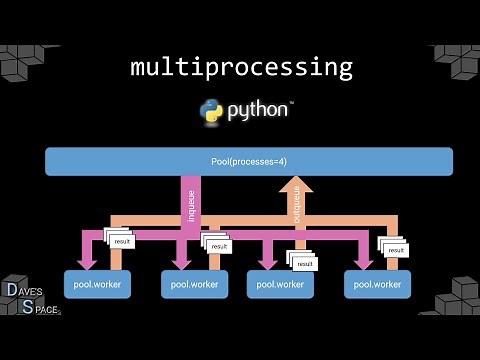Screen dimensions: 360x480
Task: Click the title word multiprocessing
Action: tap(241, 68)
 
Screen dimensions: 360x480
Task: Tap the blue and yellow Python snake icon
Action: tap(211, 111)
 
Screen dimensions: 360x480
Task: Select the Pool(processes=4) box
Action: tap(248, 161)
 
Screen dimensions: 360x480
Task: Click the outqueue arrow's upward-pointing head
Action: tap(295, 185)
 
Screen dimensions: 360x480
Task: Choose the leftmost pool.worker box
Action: tap(96, 284)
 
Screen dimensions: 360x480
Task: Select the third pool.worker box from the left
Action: tap(281, 284)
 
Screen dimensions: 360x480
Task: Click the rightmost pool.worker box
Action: tap(377, 284)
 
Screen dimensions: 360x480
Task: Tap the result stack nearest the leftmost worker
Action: tap(119, 240)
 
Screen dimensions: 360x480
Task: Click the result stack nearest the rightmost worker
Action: tap(393, 247)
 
